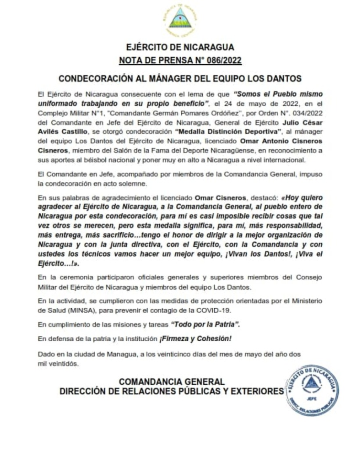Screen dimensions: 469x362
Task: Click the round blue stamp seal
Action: pos(312,389)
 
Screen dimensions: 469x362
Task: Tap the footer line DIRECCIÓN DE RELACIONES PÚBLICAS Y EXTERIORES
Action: pos(172,392)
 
